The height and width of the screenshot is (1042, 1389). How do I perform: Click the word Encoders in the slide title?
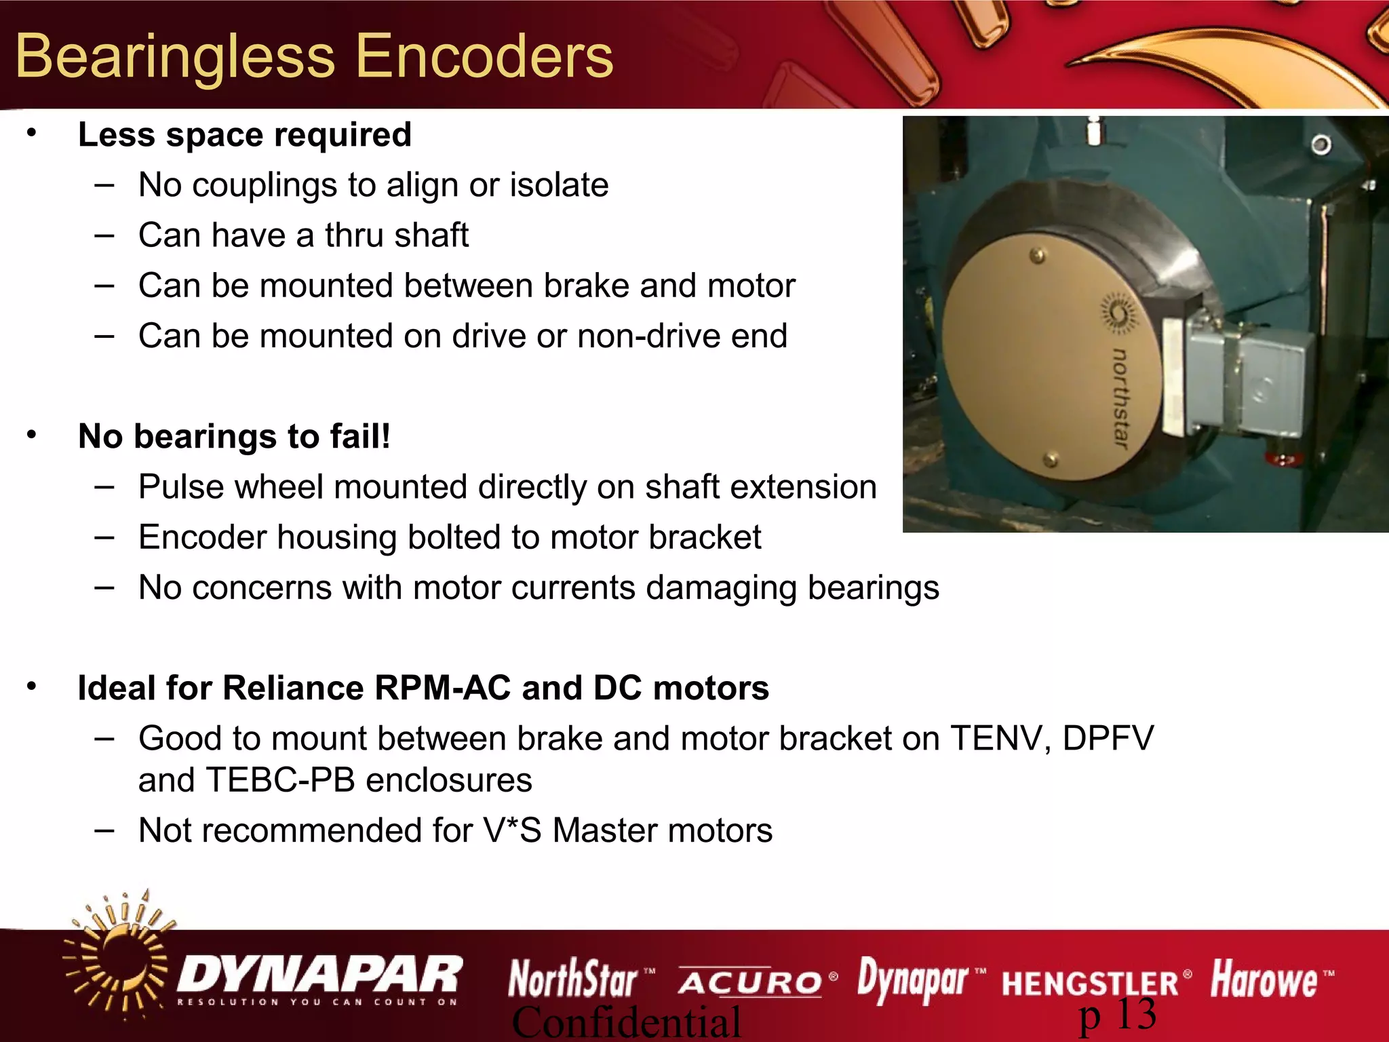[484, 56]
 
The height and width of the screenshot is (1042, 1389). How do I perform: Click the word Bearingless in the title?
[175, 58]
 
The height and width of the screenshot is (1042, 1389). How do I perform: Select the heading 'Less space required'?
[245, 135]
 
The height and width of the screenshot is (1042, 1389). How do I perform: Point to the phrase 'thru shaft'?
[396, 235]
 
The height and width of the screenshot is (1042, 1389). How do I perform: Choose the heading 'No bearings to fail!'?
[235, 436]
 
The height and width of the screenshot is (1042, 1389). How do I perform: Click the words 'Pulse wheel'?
[229, 487]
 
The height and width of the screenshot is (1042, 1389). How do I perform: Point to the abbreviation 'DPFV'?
[1108, 738]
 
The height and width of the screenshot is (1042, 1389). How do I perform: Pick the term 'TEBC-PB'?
[281, 780]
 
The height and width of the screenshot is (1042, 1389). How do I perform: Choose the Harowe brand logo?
[1265, 980]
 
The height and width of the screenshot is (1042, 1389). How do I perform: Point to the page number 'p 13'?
[1117, 1016]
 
